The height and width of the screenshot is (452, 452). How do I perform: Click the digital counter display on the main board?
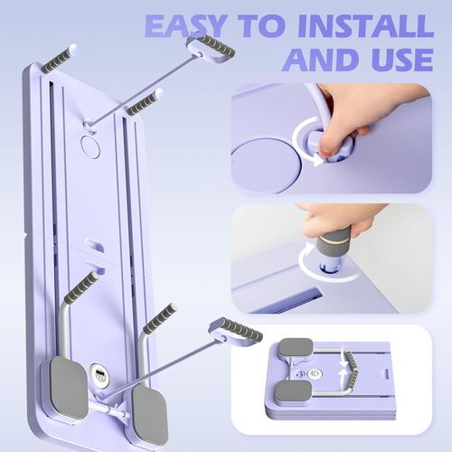[99, 374]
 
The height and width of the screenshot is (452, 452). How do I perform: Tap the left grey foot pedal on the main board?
[69, 388]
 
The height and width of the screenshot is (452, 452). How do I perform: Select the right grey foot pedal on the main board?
[150, 417]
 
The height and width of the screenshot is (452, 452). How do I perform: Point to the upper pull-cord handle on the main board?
[212, 49]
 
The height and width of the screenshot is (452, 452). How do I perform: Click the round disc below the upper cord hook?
[90, 146]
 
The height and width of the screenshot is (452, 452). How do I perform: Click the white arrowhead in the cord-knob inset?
[317, 160]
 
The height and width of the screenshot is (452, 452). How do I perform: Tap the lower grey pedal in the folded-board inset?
[293, 391]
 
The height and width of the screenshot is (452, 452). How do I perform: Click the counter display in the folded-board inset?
[315, 373]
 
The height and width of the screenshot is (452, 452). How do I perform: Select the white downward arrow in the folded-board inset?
[344, 361]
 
